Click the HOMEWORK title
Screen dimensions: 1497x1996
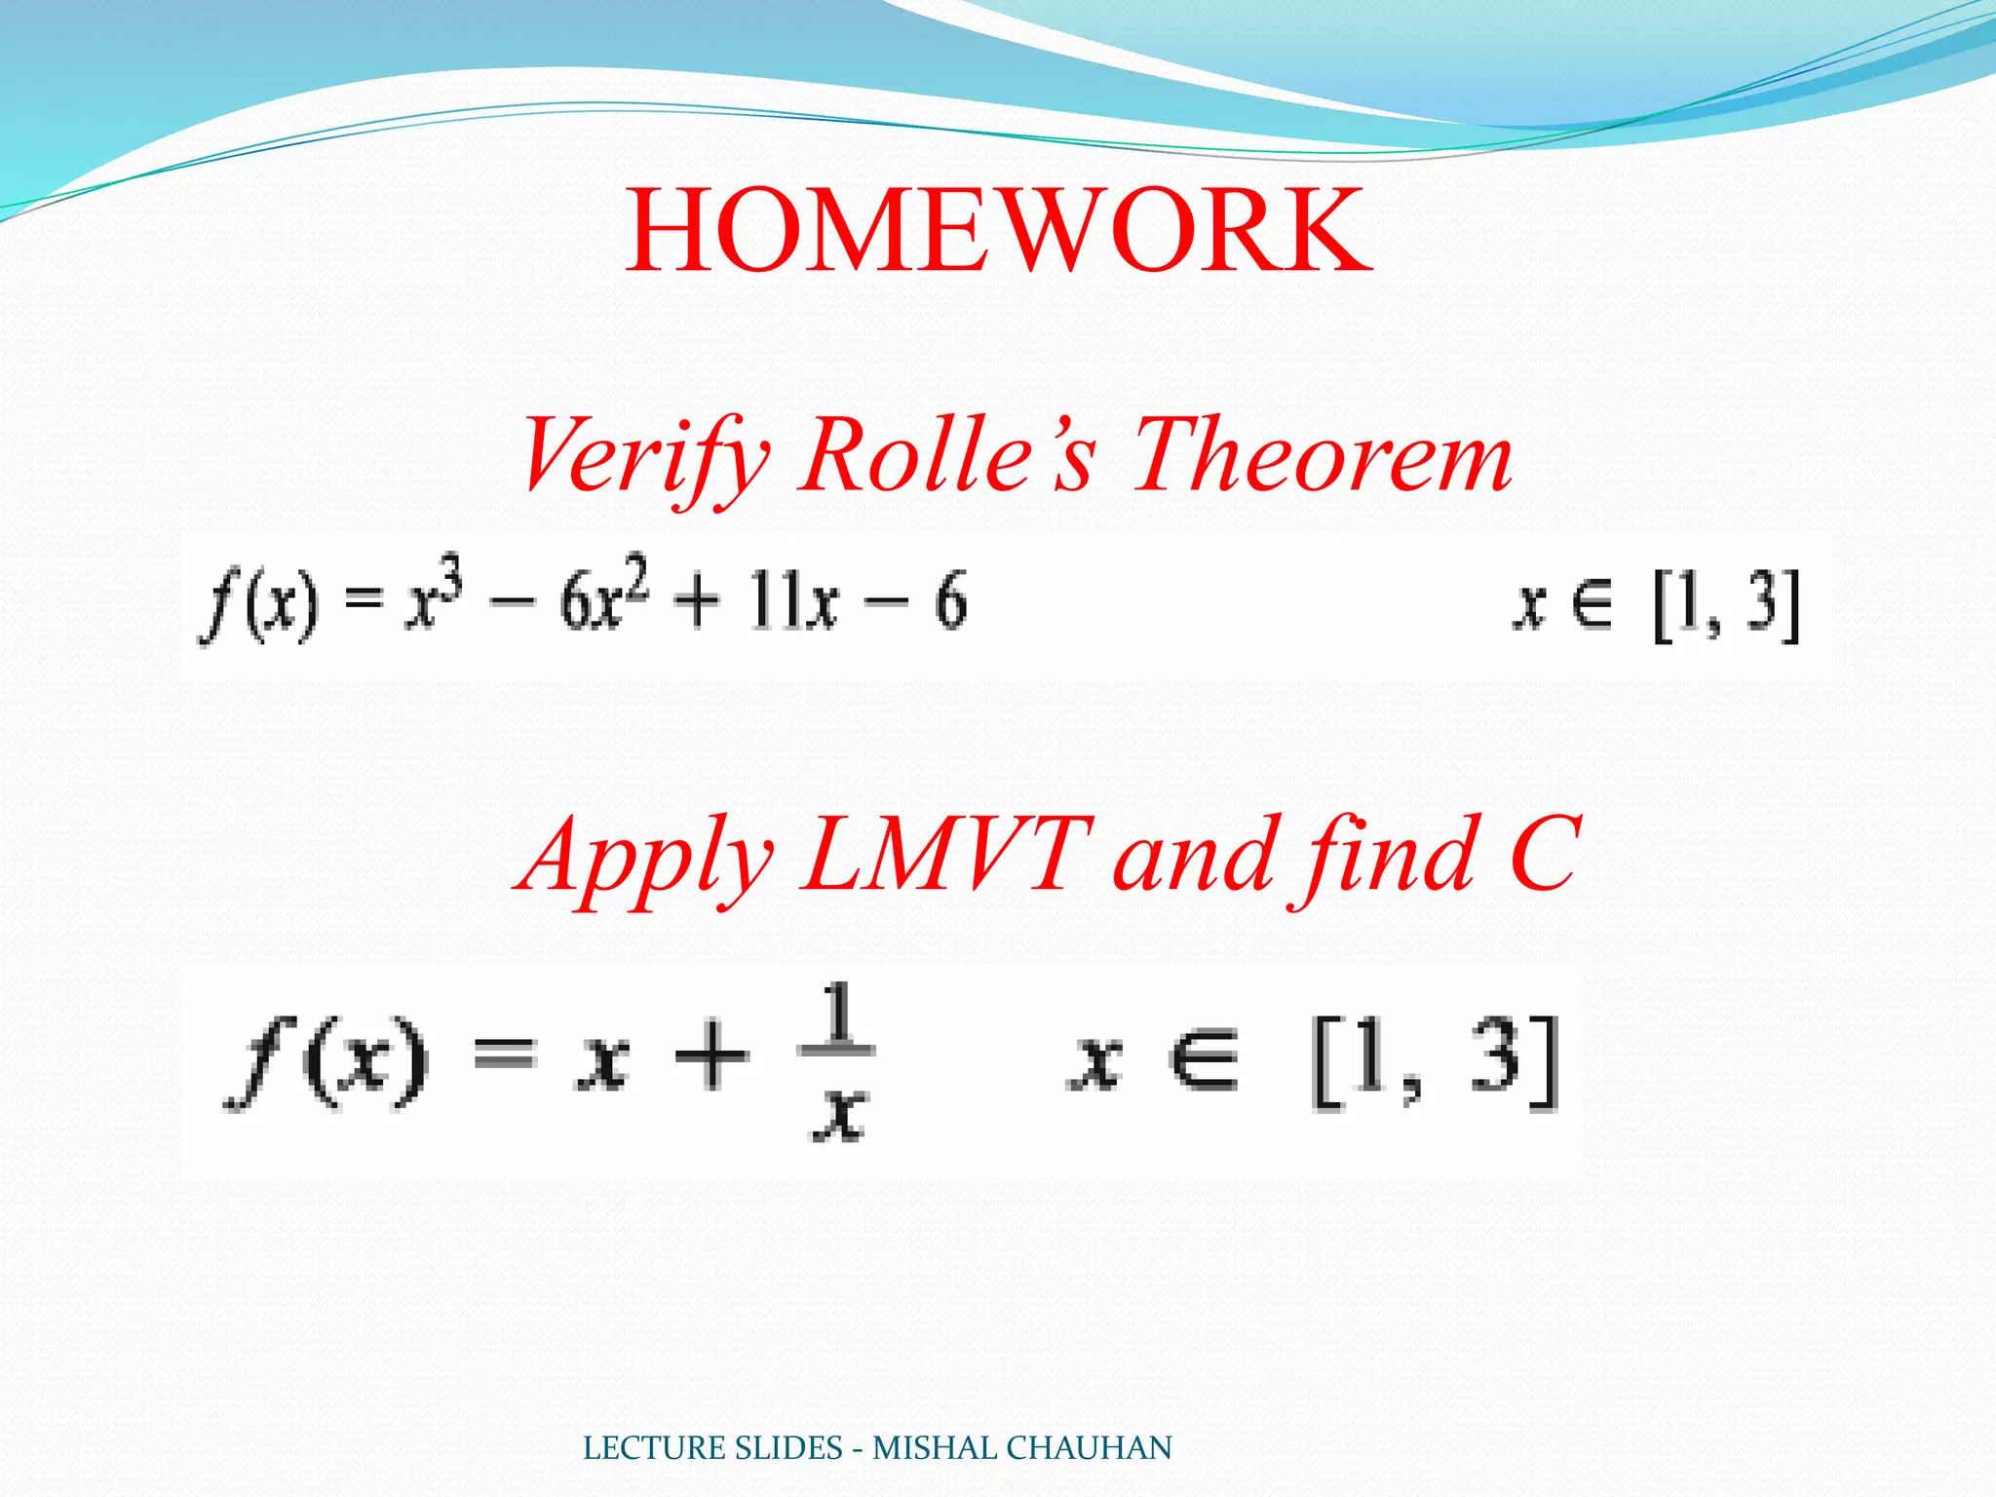point(998,232)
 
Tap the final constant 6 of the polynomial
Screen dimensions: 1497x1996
point(950,600)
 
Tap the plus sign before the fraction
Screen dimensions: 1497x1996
point(711,1056)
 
